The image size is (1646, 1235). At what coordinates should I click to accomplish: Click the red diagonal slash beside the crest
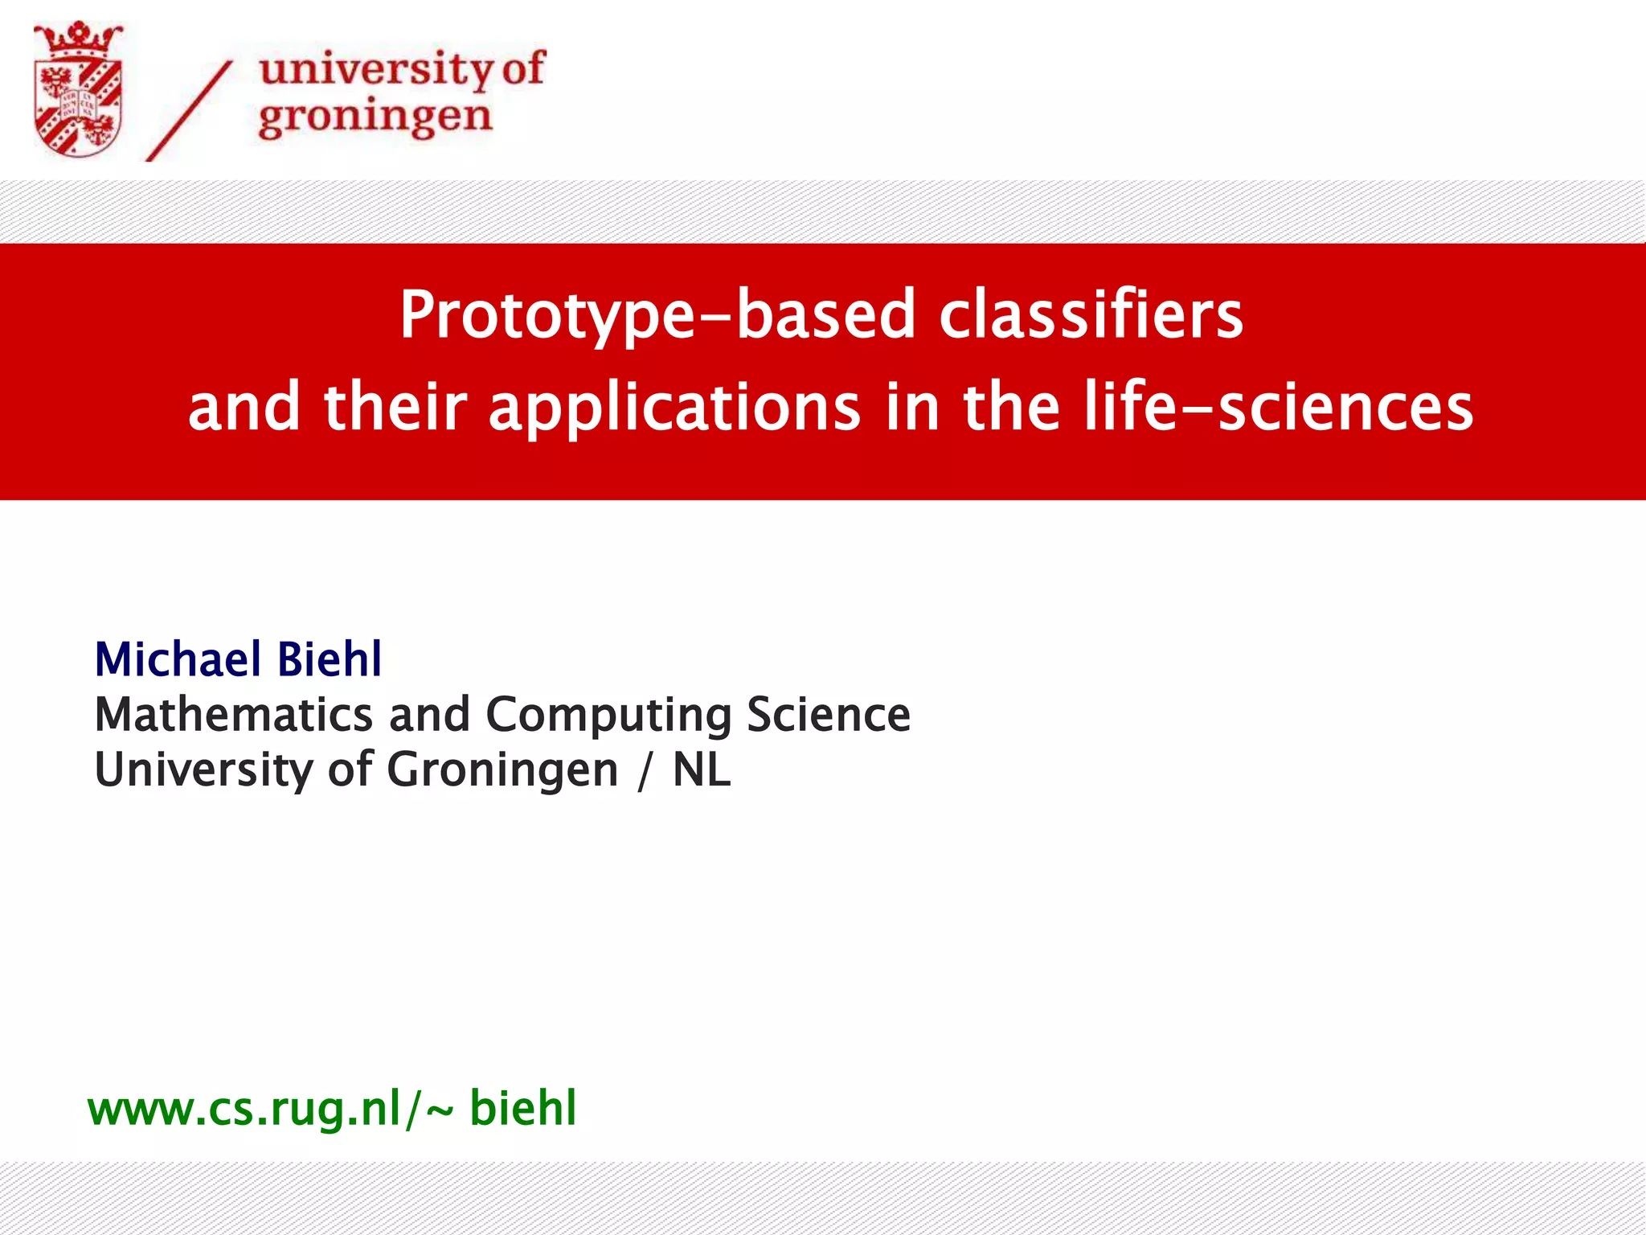coord(190,111)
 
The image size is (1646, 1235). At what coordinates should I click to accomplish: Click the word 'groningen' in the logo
coord(375,117)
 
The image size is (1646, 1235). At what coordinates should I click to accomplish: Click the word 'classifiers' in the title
coord(1091,315)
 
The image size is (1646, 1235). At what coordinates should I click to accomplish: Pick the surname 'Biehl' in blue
coord(330,660)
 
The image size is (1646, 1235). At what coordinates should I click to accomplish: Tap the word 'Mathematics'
coord(234,715)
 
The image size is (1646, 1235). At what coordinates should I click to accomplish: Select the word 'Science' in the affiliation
coord(829,715)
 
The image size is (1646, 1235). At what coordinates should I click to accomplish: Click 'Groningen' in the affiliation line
coord(502,770)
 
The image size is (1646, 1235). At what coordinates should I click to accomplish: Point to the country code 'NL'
coord(702,770)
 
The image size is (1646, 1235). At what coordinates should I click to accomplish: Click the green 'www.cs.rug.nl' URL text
coord(244,1109)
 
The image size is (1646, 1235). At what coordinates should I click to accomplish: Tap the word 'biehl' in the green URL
coord(523,1109)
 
